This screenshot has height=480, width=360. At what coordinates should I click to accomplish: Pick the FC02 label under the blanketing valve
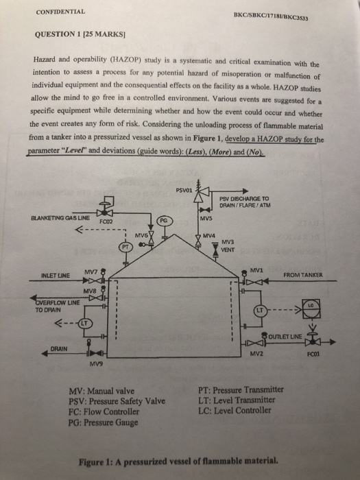coord(106,221)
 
